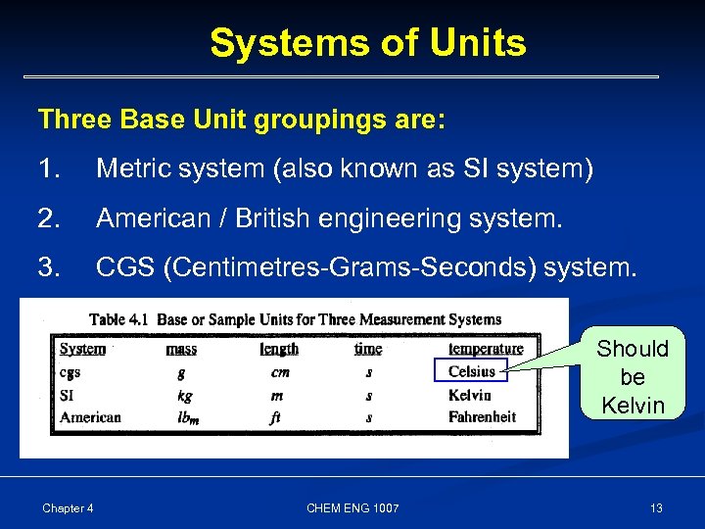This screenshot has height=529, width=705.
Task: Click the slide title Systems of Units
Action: point(367,43)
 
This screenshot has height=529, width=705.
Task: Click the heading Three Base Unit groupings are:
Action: point(241,120)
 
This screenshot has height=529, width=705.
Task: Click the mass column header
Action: point(181,349)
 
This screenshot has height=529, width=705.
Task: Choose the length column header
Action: point(279,349)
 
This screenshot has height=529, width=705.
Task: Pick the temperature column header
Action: point(486,349)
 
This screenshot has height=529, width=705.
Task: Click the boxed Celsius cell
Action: point(471,371)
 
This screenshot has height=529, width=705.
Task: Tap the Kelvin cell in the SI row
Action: point(469,395)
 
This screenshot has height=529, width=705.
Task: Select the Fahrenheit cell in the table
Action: point(481,416)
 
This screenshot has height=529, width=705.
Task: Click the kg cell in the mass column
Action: point(183,396)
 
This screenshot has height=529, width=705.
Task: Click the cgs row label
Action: point(70,372)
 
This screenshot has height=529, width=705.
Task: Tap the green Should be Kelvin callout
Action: point(633,376)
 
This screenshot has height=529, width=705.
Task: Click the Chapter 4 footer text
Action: point(68,507)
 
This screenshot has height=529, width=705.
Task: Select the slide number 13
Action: point(656,507)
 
